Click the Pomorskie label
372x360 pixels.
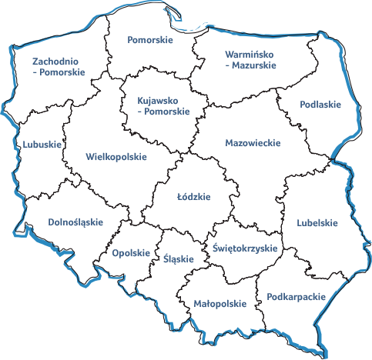150,39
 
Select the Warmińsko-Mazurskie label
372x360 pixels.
251,60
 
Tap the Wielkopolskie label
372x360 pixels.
116,156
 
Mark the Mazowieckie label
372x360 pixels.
253,143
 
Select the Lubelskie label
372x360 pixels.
317,223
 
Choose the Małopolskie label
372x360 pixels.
220,303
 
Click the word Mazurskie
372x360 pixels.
255,65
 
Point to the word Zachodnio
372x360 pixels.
56,62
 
